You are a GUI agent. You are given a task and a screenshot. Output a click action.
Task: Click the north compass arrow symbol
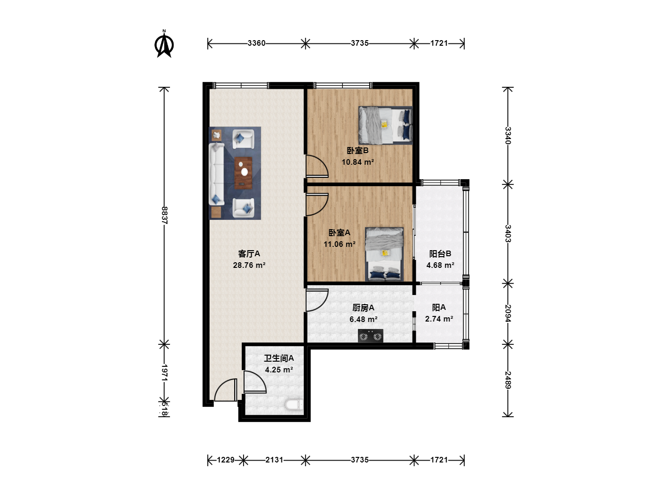(x=164, y=44)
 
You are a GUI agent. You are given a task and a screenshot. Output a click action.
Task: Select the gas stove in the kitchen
(x=371, y=336)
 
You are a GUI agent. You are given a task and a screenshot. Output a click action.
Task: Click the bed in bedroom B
(x=385, y=125)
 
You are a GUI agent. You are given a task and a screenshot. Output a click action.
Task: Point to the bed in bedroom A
(x=384, y=254)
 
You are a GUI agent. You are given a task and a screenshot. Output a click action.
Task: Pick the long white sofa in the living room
(x=217, y=174)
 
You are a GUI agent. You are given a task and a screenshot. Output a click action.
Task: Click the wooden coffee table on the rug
(x=244, y=173)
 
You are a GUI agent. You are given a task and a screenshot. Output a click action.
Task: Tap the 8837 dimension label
(x=164, y=215)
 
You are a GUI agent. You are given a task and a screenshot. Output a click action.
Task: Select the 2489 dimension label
(x=508, y=380)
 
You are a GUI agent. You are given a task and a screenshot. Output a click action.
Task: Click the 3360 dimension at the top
(x=257, y=43)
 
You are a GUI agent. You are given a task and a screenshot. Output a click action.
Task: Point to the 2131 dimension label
(x=274, y=460)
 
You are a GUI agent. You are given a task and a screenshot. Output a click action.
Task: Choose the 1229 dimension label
(x=225, y=460)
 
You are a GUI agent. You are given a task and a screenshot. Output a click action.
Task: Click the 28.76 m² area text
(x=249, y=265)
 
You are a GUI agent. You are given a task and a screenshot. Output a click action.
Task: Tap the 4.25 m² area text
(x=279, y=370)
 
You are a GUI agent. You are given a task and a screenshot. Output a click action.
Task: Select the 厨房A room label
(x=363, y=308)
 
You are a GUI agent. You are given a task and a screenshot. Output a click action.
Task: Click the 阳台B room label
(x=440, y=254)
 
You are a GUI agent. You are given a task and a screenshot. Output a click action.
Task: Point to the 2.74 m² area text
(x=439, y=319)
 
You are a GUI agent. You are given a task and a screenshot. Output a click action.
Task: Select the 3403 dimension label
(x=508, y=233)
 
